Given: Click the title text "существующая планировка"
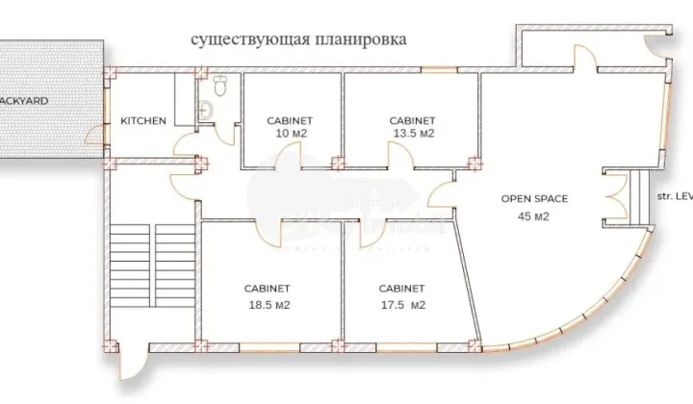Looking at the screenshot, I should click(x=298, y=40).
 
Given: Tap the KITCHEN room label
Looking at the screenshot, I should click(x=143, y=121).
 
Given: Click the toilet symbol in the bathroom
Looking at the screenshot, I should click(x=219, y=88).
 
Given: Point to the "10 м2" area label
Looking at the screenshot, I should click(x=290, y=134).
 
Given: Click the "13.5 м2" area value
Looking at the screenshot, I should click(x=413, y=134).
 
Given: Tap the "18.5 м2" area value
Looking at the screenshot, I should click(x=269, y=305).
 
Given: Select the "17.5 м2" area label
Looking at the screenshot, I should click(x=402, y=305).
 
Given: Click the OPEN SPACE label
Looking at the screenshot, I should click(x=534, y=199).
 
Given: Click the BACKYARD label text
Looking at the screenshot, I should click(x=24, y=100).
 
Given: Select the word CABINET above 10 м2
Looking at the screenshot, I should click(x=290, y=120).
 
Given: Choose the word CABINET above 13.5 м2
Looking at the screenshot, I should click(x=413, y=120).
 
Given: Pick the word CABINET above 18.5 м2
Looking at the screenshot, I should click(x=269, y=288).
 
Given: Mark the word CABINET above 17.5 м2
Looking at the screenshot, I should click(x=402, y=288).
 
